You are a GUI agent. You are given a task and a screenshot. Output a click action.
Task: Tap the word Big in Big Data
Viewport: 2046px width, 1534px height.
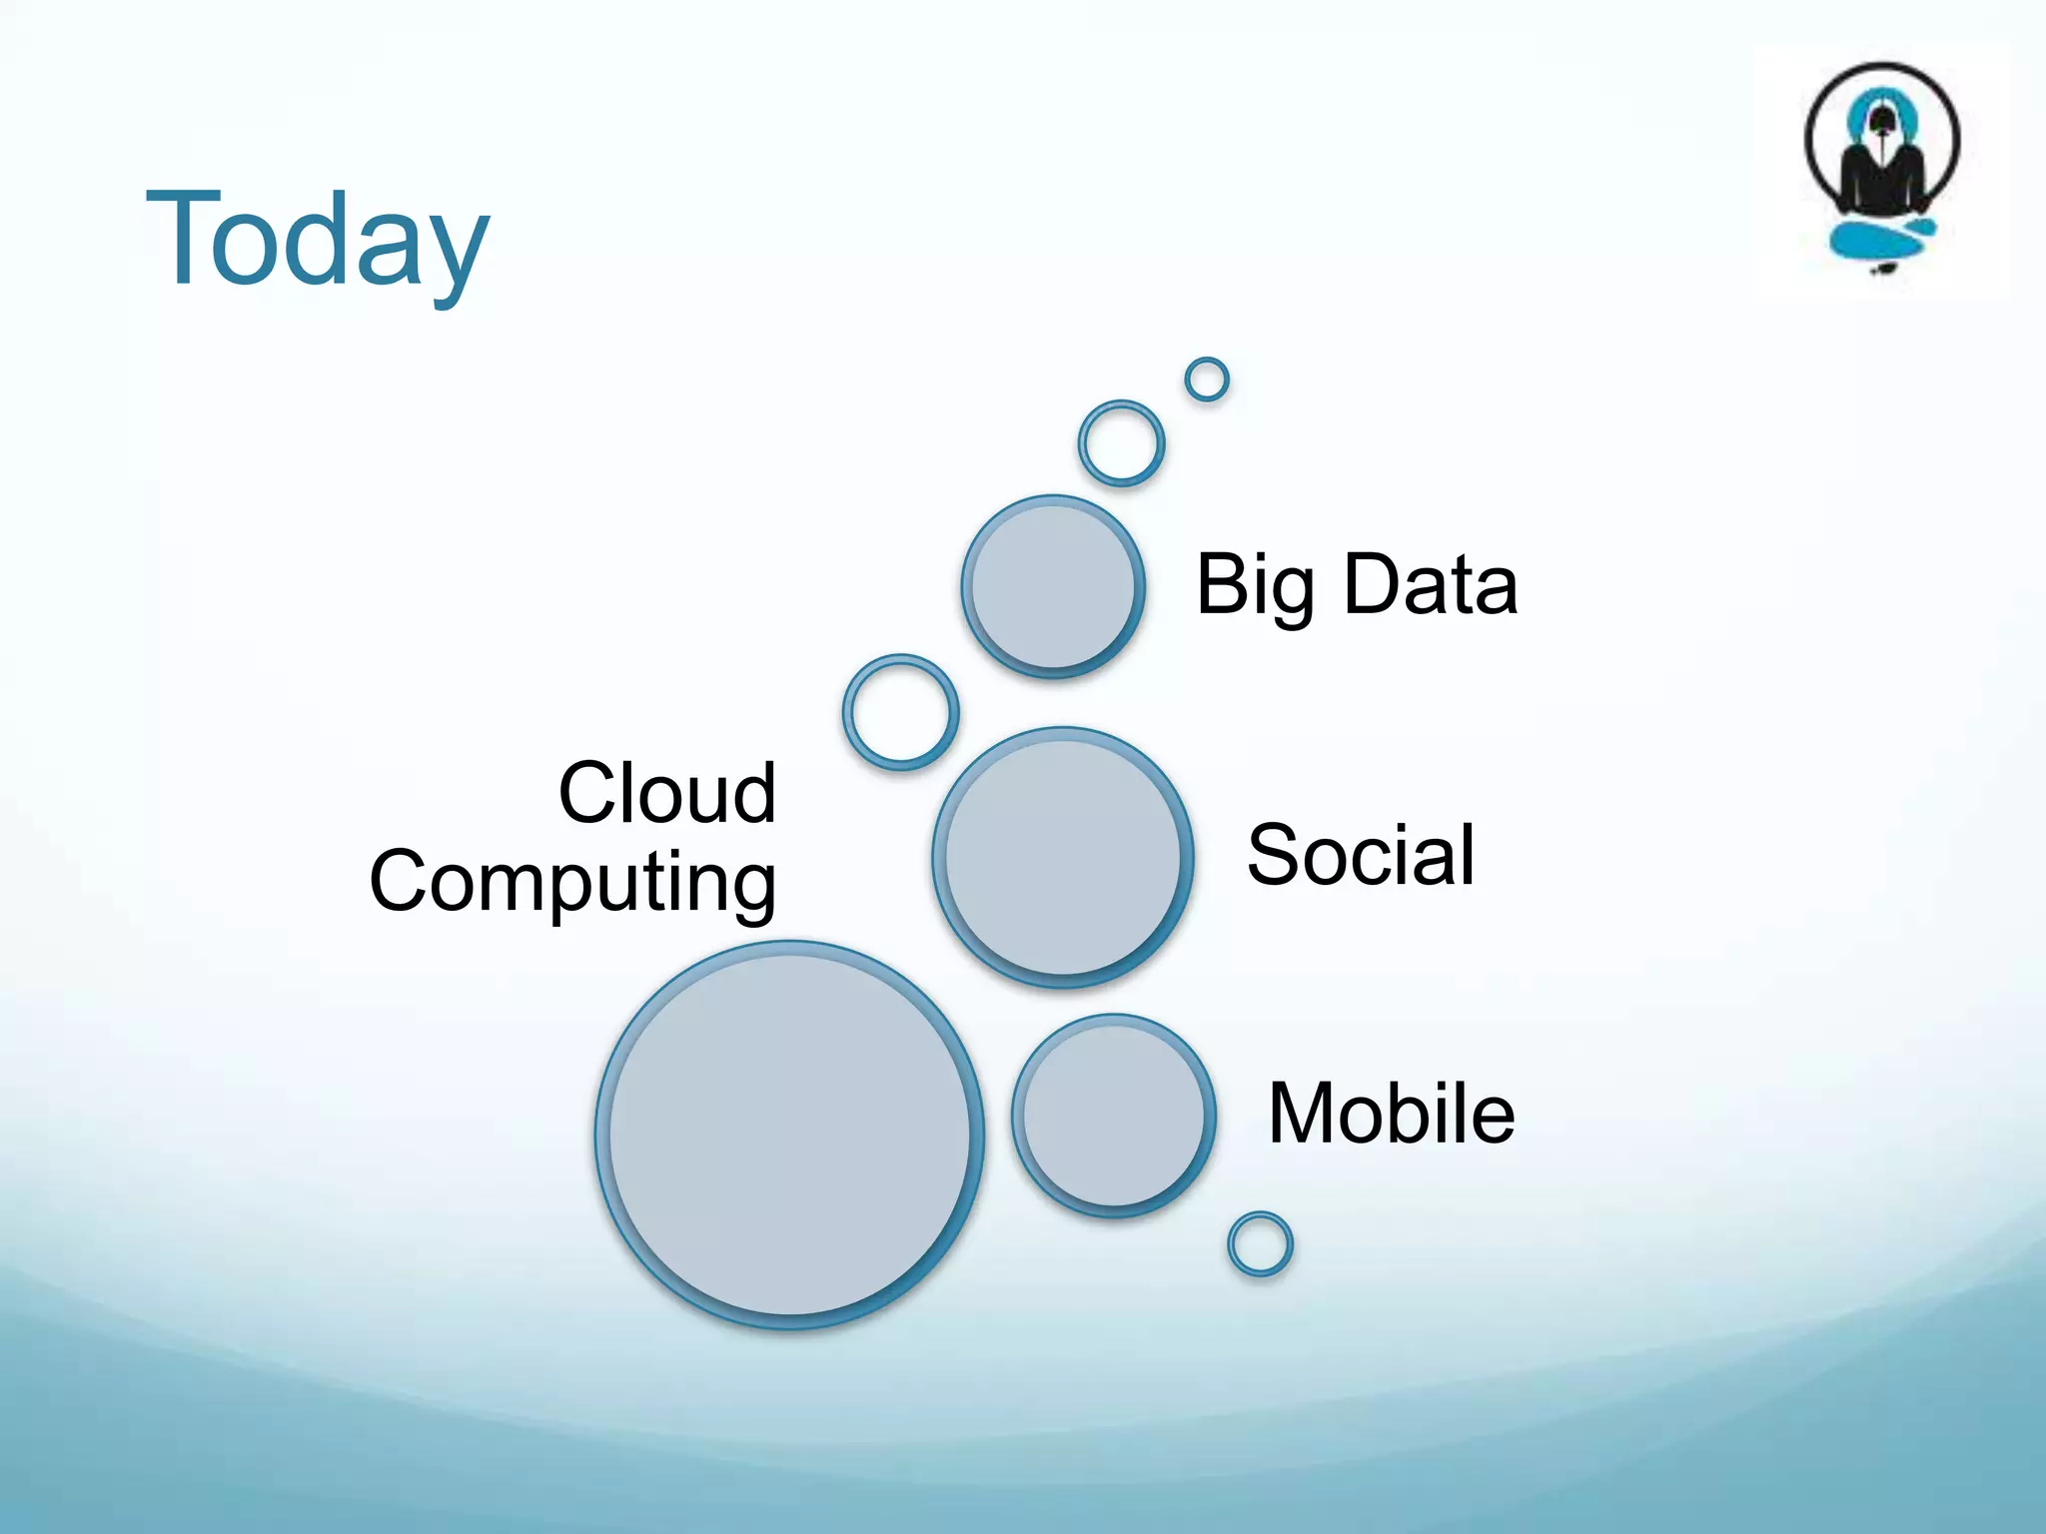(1255, 586)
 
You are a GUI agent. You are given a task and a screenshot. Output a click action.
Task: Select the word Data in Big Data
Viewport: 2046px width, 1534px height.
(1430, 584)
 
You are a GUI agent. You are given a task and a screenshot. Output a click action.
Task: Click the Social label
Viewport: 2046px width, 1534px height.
(1361, 855)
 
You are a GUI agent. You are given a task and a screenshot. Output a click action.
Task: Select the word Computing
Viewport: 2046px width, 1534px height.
(572, 882)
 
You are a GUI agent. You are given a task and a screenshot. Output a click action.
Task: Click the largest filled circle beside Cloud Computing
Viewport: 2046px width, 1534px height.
(789, 1135)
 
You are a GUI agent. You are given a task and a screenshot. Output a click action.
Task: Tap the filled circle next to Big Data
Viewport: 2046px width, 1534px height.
(1053, 586)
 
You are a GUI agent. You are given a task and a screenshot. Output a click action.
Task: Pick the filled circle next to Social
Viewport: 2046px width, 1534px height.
(1063, 857)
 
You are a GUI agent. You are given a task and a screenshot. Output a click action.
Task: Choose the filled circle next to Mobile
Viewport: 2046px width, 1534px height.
(1114, 1116)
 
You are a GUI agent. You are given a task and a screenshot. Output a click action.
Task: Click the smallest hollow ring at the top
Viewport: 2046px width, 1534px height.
(1207, 380)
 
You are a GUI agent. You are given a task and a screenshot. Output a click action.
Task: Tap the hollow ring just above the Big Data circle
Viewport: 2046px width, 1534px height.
(1121, 443)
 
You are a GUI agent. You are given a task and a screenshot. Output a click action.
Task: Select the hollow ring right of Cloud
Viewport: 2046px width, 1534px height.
(901, 712)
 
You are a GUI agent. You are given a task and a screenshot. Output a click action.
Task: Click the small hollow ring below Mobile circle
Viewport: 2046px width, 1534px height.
(1260, 1244)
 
